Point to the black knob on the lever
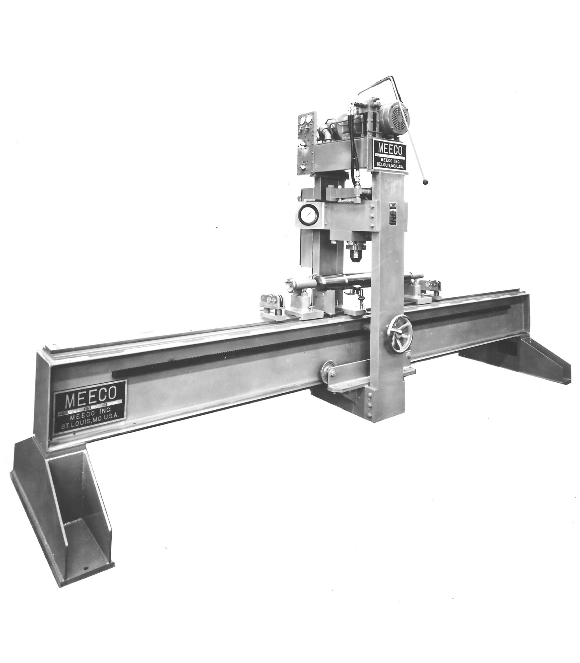coord(425,184)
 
